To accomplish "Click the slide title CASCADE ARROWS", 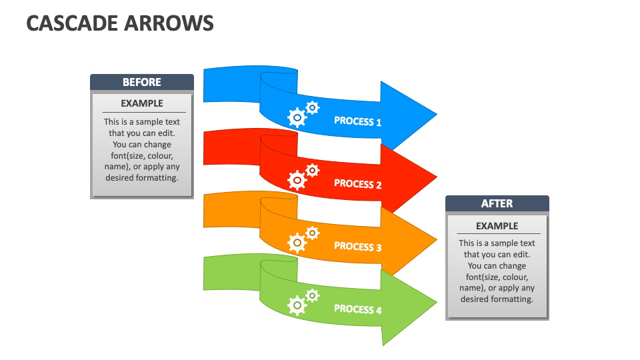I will (120, 23).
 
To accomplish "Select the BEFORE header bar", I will (142, 82).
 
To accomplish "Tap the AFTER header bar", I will (497, 203).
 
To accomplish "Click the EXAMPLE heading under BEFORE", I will (142, 103).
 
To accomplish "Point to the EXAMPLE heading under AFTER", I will (497, 226).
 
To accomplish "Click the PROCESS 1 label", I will (357, 121).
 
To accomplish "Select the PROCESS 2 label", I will (357, 184).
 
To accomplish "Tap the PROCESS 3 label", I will (357, 247).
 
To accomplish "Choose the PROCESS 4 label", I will (357, 309).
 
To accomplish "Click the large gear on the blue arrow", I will (297, 118).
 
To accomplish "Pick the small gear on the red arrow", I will (312, 170).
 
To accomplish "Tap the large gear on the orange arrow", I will (297, 243).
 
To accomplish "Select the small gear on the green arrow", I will (312, 295).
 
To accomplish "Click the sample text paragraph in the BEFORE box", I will (142, 150).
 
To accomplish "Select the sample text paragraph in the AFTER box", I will (497, 271).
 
